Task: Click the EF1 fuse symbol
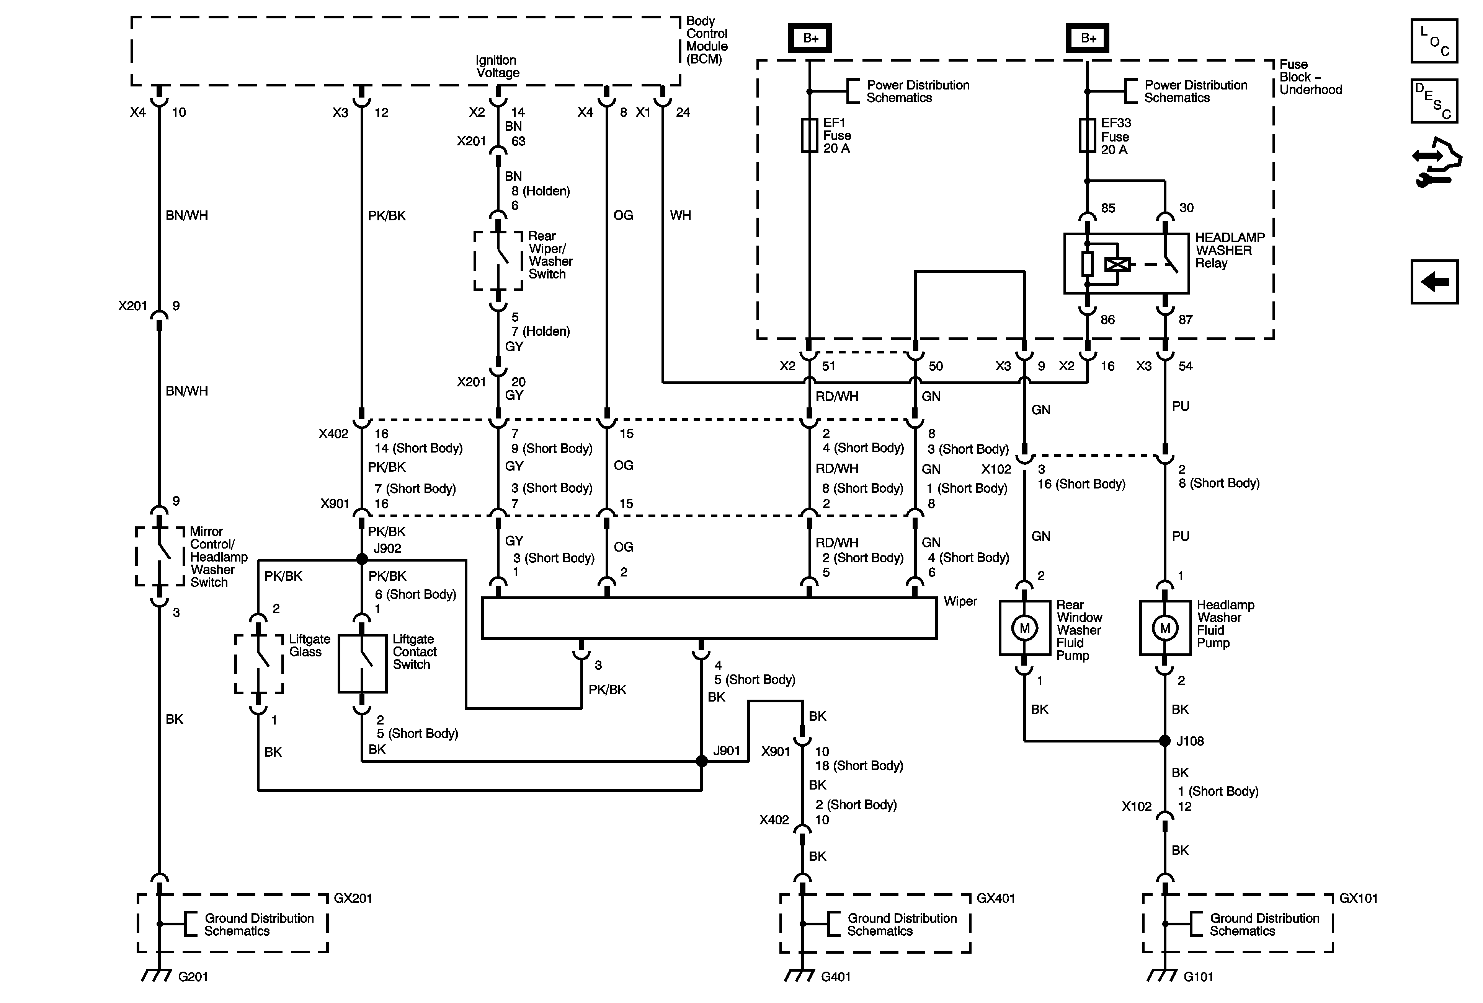809,135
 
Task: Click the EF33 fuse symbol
1087,135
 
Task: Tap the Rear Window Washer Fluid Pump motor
1024,628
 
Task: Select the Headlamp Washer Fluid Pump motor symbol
1165,628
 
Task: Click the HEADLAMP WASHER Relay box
1126,263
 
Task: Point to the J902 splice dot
362,559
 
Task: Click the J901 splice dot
701,761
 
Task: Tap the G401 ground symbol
800,975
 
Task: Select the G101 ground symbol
1163,975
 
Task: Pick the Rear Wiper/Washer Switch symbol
498,261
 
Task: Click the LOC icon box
1434,41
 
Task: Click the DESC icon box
1434,101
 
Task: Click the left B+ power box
810,38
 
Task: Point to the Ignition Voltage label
497,66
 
